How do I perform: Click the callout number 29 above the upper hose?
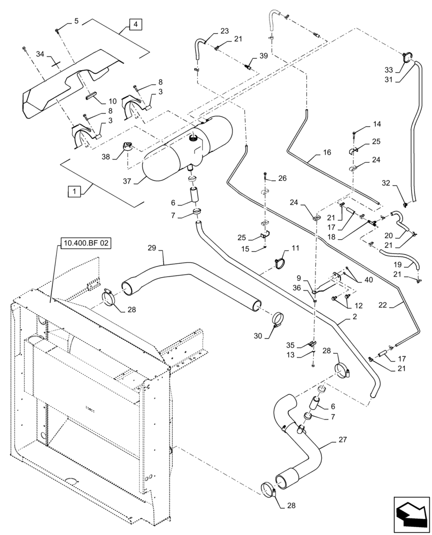[x=152, y=248]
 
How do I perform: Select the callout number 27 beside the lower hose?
[x=342, y=440]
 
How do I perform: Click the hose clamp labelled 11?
[x=281, y=262]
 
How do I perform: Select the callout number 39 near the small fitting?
[x=263, y=56]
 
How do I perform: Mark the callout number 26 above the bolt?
[x=282, y=178]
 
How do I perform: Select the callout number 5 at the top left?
[x=76, y=21]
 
